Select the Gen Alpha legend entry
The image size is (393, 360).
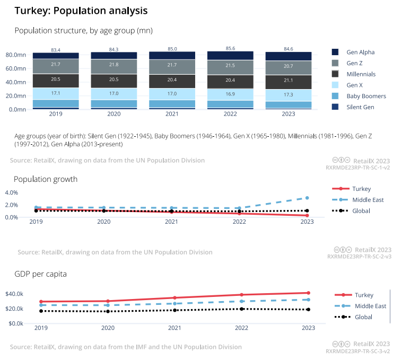click(361, 52)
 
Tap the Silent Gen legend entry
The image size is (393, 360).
click(360, 107)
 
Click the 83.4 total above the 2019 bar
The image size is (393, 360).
click(56, 50)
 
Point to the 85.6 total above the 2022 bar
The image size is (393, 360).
click(230, 48)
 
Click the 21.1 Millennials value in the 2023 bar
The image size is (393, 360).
click(288, 81)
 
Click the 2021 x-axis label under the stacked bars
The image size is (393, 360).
click(172, 113)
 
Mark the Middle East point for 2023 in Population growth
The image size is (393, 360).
click(307, 198)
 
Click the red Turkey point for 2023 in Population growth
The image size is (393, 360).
click(307, 215)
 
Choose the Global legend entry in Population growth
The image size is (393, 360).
click(361, 211)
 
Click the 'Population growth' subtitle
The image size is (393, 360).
click(46, 179)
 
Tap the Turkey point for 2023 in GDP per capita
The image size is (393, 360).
click(308, 293)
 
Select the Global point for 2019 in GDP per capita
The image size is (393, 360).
click(40, 311)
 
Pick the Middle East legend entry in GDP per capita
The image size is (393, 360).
click(370, 306)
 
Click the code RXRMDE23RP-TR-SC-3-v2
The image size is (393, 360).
click(358, 351)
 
